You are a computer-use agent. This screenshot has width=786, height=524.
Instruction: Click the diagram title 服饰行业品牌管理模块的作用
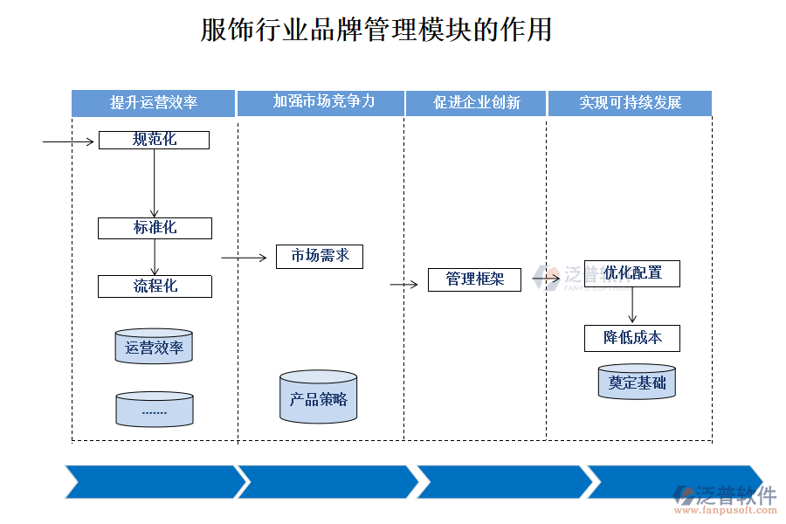pyautogui.click(x=376, y=30)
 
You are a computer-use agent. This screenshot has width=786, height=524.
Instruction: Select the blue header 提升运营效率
pyautogui.click(x=154, y=103)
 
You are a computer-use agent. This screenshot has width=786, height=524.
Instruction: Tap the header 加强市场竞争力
pyautogui.click(x=321, y=102)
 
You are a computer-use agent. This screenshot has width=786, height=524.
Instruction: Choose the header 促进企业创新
pyautogui.click(x=476, y=103)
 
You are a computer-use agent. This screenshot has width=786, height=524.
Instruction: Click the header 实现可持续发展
pyautogui.click(x=630, y=103)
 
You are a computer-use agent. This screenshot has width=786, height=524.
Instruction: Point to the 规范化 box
pyautogui.click(x=154, y=140)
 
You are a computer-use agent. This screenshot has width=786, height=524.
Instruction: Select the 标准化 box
pyautogui.click(x=155, y=228)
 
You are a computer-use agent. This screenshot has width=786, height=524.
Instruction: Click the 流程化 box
pyautogui.click(x=155, y=286)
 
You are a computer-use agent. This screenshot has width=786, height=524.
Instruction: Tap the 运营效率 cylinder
pyautogui.click(x=154, y=347)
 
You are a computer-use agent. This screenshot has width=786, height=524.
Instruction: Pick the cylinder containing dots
pyautogui.click(x=154, y=410)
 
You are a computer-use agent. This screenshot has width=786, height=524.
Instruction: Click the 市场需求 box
pyautogui.click(x=320, y=256)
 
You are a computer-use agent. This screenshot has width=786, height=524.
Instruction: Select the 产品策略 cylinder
pyautogui.click(x=319, y=398)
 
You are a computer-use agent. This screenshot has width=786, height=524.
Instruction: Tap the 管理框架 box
pyautogui.click(x=474, y=279)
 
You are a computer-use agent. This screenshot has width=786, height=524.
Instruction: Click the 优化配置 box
pyautogui.click(x=632, y=273)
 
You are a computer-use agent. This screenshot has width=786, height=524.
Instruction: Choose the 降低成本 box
pyautogui.click(x=632, y=338)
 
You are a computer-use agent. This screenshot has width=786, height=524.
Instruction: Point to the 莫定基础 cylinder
pyautogui.click(x=637, y=383)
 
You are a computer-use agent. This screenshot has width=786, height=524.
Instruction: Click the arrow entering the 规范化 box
pyautogui.click(x=68, y=141)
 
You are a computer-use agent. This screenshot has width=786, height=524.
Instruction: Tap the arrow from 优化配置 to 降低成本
pyautogui.click(x=632, y=306)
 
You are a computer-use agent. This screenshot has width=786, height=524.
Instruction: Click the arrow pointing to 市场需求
pyautogui.click(x=244, y=258)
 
